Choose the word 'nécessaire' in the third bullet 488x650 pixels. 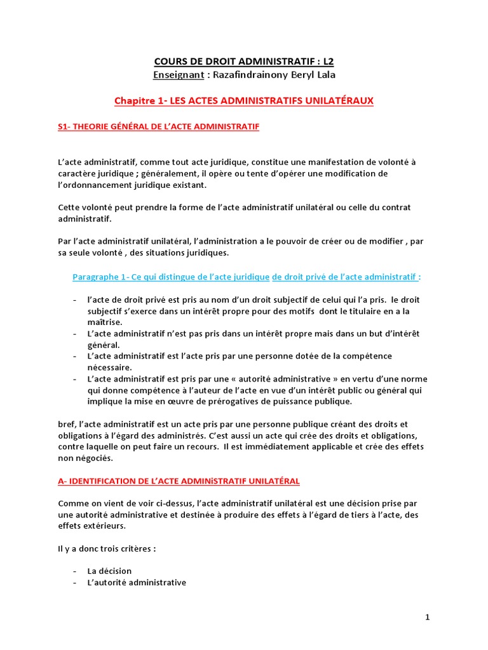point(109,367)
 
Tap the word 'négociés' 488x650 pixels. point(94,458)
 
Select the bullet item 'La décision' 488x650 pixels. point(109,571)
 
